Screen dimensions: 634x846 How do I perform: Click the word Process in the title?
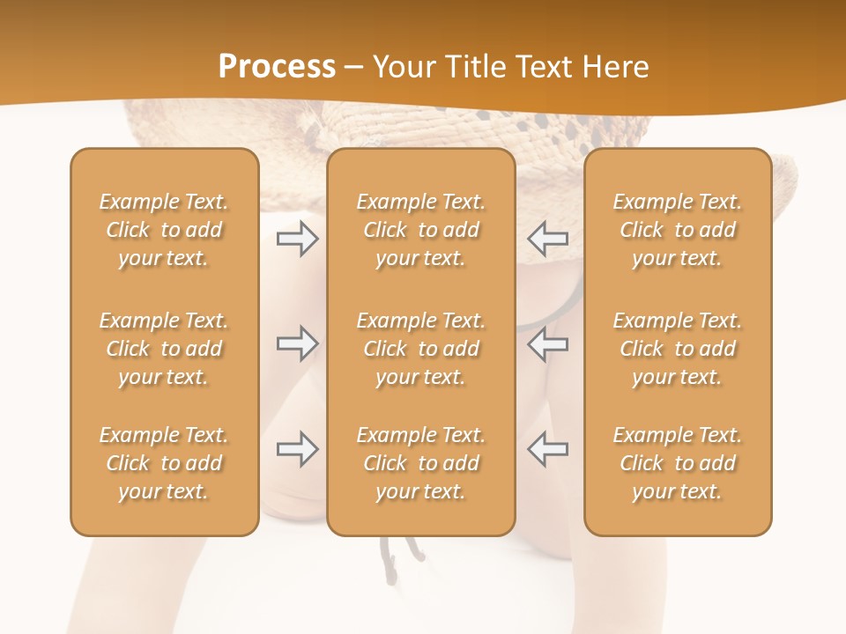point(277,67)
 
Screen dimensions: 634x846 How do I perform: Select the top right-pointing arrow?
point(297,239)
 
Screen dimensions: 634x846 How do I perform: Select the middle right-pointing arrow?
point(297,343)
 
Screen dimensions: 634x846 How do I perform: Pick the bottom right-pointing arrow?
point(297,449)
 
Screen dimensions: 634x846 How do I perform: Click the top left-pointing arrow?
point(547,239)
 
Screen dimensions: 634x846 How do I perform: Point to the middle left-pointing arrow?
point(547,343)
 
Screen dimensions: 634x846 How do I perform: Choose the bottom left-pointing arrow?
point(547,449)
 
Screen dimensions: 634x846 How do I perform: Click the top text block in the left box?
point(164,230)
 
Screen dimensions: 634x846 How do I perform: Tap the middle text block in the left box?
point(164,349)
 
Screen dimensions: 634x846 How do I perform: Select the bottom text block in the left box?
point(164,463)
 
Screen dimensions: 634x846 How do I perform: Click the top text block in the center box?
point(420,230)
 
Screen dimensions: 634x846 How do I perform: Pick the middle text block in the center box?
point(420,349)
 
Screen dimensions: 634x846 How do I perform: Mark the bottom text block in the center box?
point(420,463)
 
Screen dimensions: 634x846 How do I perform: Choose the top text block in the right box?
point(677,230)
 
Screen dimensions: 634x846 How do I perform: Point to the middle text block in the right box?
point(677,349)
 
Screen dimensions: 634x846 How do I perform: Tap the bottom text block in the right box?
point(677,463)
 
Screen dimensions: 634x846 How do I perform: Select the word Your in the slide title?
point(403,67)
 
